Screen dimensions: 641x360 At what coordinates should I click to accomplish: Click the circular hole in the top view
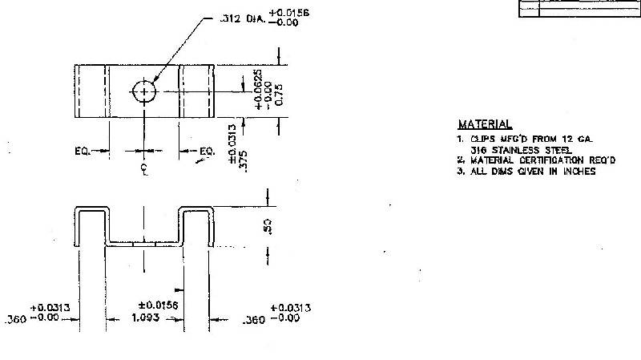pos(144,91)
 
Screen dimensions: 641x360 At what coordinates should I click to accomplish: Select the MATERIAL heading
pos(484,124)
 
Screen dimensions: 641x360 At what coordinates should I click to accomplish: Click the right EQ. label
pos(208,150)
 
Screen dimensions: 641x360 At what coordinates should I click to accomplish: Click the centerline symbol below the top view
pos(144,169)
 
